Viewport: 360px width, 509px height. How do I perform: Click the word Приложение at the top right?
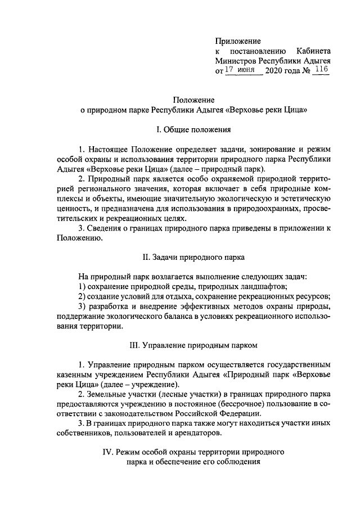point(238,40)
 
